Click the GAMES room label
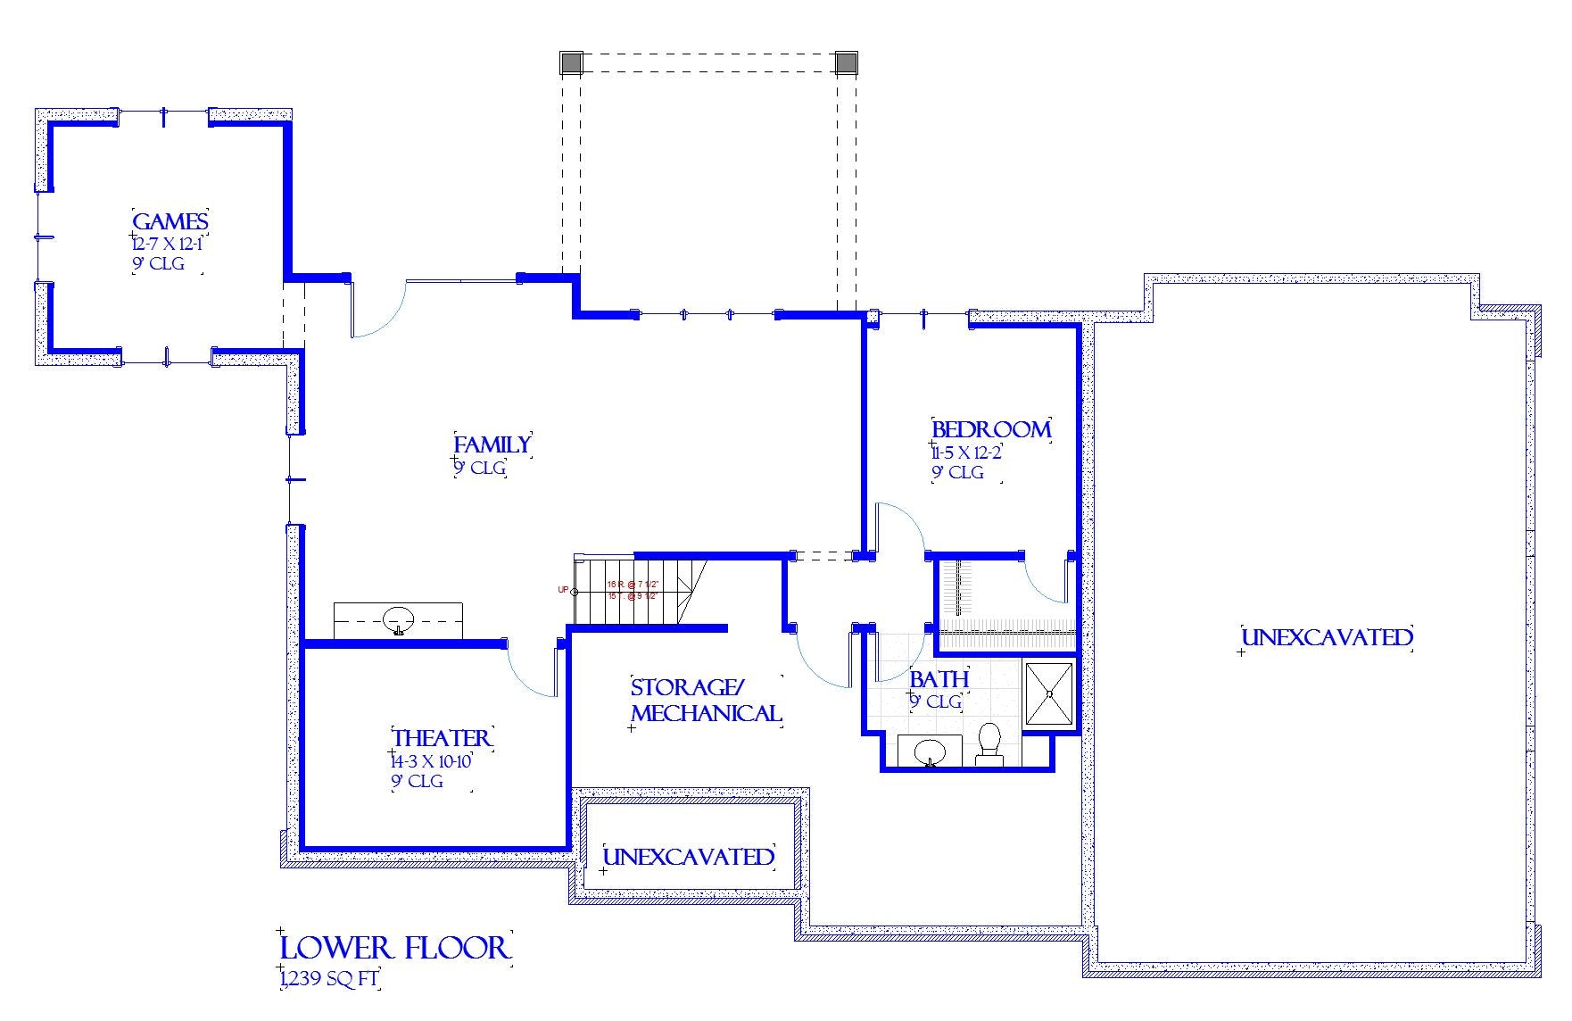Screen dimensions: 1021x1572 point(170,221)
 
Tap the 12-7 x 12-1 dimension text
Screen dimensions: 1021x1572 point(167,244)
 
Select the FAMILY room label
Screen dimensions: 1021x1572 point(492,444)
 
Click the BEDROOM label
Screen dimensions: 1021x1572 point(991,429)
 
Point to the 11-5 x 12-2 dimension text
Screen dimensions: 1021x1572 point(966,452)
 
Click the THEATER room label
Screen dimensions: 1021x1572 point(442,738)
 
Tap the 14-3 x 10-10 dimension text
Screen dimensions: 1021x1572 point(431,761)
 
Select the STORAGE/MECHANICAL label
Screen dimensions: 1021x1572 point(705,701)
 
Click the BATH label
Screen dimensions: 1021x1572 point(939,679)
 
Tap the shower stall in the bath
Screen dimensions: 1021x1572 point(1049,693)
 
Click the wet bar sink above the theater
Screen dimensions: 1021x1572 point(398,618)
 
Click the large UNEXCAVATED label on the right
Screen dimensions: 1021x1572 point(1327,637)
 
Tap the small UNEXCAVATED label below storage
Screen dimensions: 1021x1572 point(688,857)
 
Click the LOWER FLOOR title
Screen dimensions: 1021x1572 point(394,948)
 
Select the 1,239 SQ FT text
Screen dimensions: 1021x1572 point(329,979)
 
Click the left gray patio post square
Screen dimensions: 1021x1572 point(571,62)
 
